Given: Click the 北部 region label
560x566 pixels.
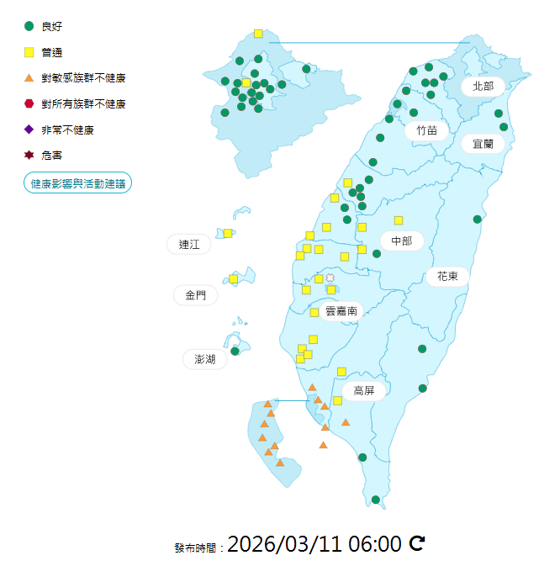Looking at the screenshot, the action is coord(483,86).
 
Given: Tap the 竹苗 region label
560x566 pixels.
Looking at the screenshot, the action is coord(426,130).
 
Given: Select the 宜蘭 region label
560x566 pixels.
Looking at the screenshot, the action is coord(483,144).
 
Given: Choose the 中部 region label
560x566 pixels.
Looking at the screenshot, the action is coord(401,241).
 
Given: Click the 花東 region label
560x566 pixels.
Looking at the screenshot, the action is coord(446,276).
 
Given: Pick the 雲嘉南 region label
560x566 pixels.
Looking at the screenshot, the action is coord(341,311).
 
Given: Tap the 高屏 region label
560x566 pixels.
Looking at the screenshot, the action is coord(363,390).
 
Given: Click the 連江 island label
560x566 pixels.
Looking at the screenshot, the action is coord(189,245).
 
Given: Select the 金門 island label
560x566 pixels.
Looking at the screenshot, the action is coord(195,295).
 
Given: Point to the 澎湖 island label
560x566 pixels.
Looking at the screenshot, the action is coord(205,359).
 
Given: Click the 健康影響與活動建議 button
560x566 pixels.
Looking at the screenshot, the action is coord(77,182).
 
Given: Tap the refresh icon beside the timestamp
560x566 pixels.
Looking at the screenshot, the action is coord(416,543).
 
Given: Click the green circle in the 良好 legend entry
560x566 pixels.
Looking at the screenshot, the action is coord(29,26).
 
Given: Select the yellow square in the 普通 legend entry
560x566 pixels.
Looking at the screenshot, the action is coord(29,52).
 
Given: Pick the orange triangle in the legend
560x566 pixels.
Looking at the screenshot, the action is coord(29,78).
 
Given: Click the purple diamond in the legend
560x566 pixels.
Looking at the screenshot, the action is coord(29,130).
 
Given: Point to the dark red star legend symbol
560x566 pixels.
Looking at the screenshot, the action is coord(29,155).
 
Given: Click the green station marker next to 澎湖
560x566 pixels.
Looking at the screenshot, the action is coord(235,351).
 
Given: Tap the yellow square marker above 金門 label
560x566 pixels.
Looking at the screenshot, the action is coord(234,278).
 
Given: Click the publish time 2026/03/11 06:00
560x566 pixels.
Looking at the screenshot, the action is coord(314,544).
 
